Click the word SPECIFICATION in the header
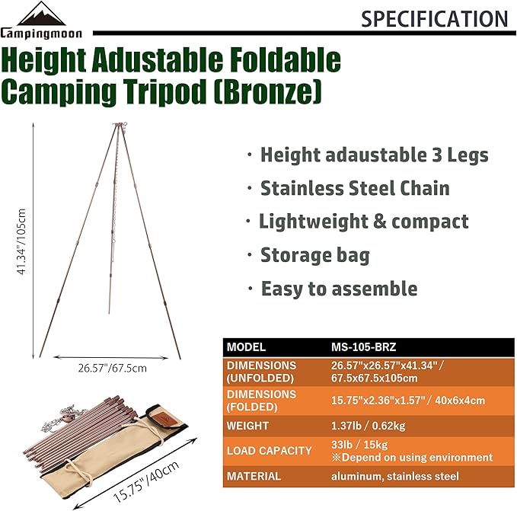(x=434, y=18)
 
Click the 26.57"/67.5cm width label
(x=112, y=369)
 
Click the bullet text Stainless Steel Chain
(x=355, y=188)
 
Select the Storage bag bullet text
(x=314, y=255)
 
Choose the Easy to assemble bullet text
(x=339, y=289)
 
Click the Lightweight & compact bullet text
(x=363, y=222)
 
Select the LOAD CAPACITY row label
(x=269, y=451)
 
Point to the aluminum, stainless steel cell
(x=396, y=476)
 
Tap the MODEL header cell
(x=246, y=347)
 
